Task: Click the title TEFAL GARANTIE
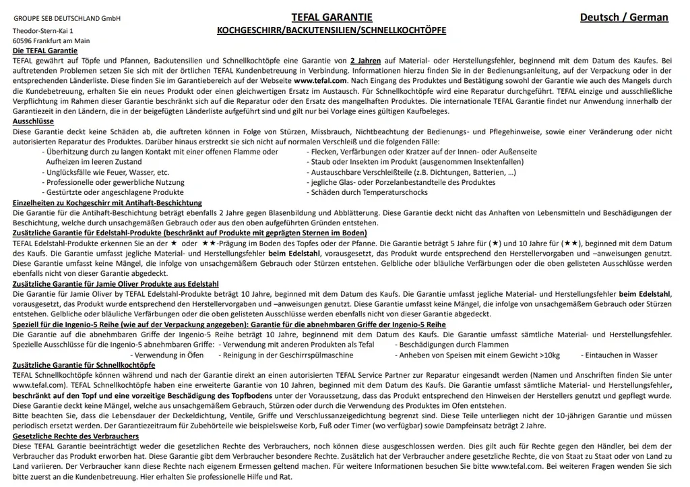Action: pos(332,18)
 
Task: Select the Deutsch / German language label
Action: pos(624,18)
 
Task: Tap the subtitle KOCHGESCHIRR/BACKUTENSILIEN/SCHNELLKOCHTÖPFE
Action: pos(331,31)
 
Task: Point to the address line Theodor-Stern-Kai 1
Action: pos(43,31)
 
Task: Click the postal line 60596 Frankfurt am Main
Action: pos(51,41)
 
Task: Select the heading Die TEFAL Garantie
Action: pos(45,51)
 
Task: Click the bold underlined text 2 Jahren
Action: pos(365,61)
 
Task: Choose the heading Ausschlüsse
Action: pos(33,121)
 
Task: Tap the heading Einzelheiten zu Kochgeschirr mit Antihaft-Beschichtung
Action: pos(107,202)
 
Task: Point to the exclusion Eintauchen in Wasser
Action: pos(621,355)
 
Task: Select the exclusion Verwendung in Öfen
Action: pos(168,355)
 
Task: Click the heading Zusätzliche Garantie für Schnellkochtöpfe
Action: pos(84,365)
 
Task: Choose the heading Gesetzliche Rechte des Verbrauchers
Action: pos(75,436)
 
